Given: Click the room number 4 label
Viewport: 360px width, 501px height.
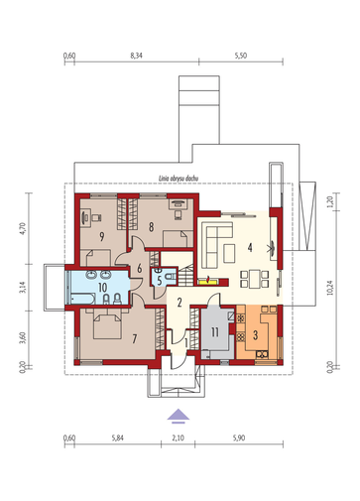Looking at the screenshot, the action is tap(250, 247).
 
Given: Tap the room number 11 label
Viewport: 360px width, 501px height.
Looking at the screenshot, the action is tap(215, 332).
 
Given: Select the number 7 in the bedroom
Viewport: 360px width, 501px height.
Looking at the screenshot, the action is tap(134, 338).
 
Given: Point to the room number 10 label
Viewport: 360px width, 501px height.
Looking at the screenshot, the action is tap(102, 287).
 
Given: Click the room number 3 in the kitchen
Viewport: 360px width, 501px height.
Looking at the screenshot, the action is tap(255, 335).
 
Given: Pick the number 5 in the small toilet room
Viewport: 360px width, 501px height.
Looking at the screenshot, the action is tap(160, 281).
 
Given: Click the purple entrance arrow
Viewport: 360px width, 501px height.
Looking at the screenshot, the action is tap(179, 416).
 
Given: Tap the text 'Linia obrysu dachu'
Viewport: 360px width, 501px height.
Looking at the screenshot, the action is tap(179, 179).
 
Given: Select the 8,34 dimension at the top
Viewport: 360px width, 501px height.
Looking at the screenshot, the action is tap(136, 56).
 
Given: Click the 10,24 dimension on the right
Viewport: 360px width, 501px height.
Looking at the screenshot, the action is tap(330, 288).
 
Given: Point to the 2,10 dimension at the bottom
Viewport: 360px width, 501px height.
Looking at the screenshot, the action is tap(178, 438).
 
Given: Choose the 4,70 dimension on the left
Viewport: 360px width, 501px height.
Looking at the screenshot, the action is tap(22, 228).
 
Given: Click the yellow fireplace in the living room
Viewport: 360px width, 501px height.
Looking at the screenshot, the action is tap(208, 282).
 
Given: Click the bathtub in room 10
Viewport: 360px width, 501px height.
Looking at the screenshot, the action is tap(82, 299).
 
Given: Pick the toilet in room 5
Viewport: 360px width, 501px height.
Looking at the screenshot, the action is tap(170, 277).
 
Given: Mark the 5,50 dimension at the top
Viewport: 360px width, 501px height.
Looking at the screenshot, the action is tap(241, 56).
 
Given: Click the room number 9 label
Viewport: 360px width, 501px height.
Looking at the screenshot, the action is tap(102, 237).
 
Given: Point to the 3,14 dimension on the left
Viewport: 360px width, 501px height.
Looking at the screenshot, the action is tap(22, 288).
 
